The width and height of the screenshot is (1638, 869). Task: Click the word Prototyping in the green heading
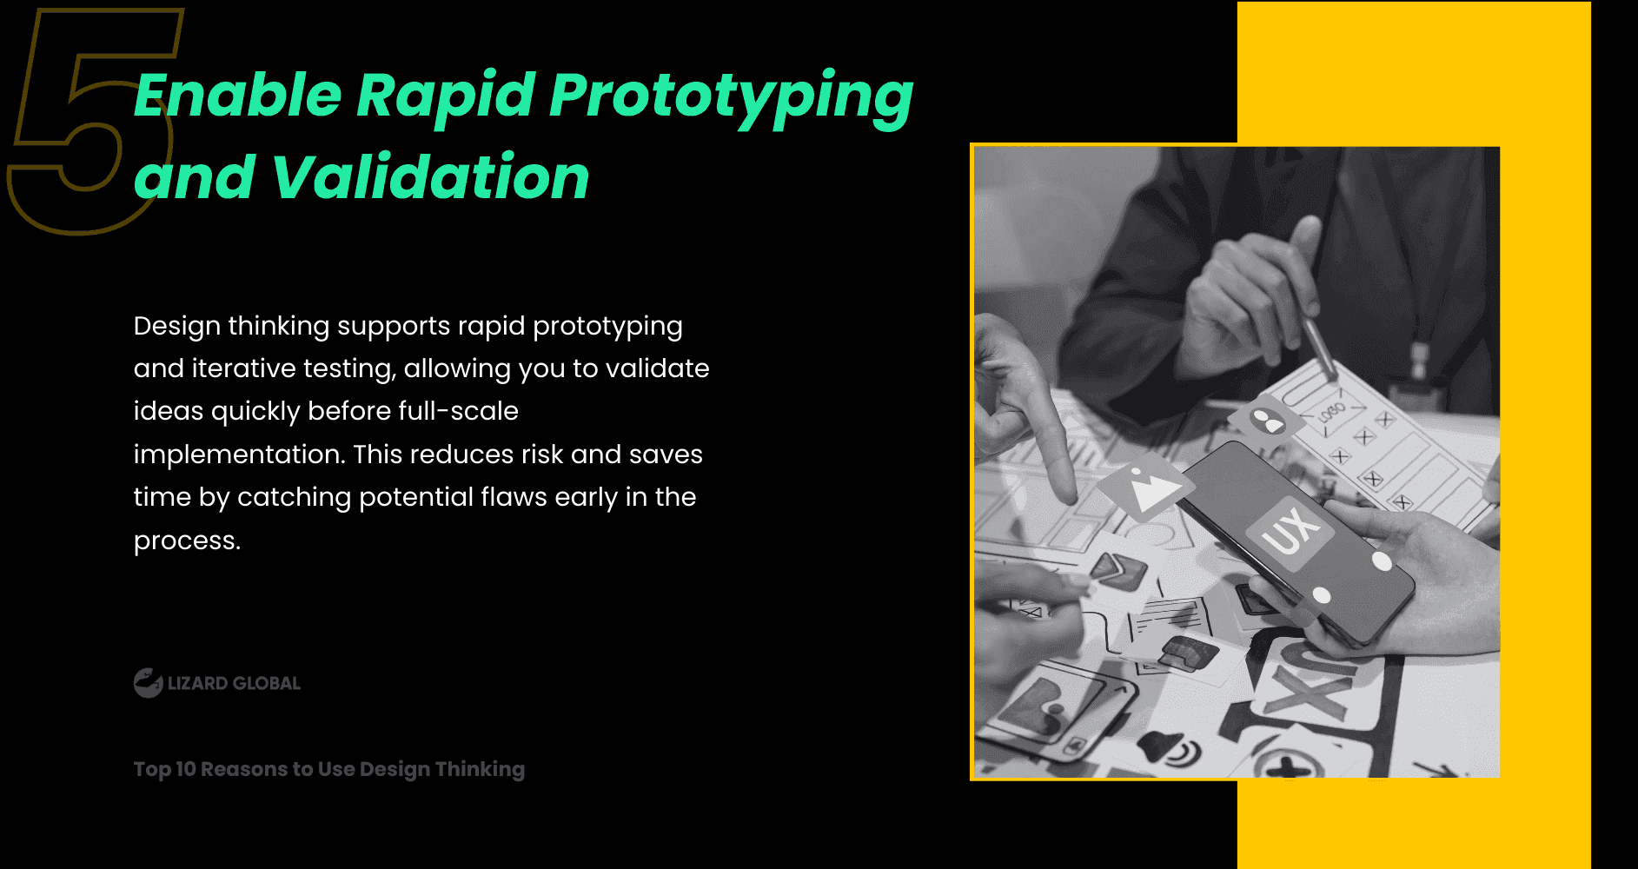click(730, 96)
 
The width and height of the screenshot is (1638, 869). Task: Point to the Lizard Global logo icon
click(148, 683)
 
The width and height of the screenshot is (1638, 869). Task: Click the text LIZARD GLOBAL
click(234, 683)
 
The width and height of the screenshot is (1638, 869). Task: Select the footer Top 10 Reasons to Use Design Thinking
click(328, 769)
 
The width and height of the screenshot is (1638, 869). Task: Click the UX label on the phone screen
click(1290, 530)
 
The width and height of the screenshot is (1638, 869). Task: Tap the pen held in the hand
click(1316, 339)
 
